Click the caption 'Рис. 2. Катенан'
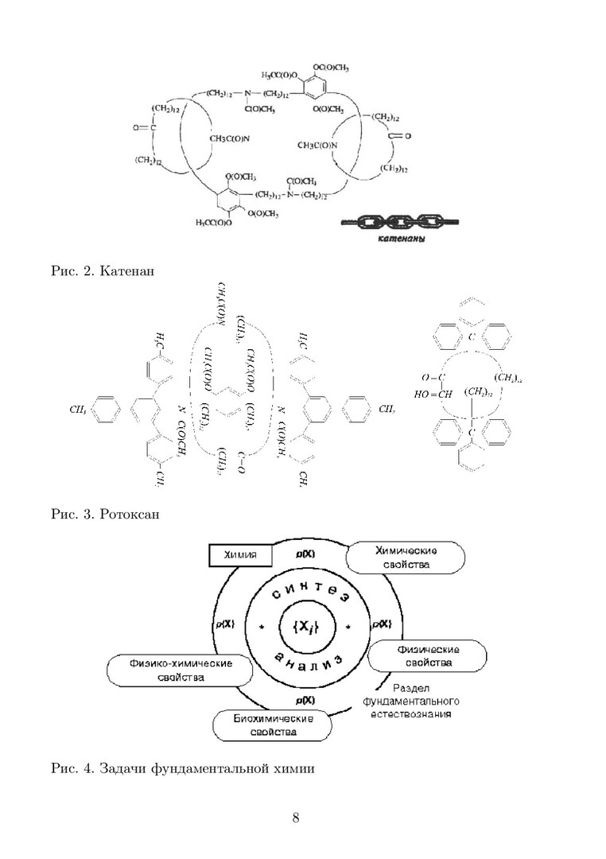pos(102,272)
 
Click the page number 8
pos(296,819)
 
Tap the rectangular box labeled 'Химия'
pos(240,555)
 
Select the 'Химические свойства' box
pos(405,557)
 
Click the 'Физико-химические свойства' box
pos(169,670)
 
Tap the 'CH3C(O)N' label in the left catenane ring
pos(231,139)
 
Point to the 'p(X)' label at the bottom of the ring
pos(303,700)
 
